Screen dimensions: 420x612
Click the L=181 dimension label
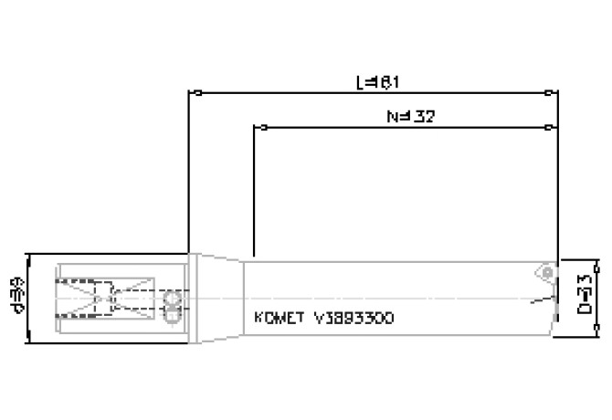coord(376,82)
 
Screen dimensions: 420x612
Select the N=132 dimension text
coord(409,117)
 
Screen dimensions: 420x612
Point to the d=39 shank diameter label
coord(16,298)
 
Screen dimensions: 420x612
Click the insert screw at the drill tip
coord(546,271)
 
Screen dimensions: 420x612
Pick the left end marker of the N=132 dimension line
coord(254,127)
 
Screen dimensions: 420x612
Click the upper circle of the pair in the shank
coord(169,299)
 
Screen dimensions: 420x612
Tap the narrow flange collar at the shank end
coord(191,298)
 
